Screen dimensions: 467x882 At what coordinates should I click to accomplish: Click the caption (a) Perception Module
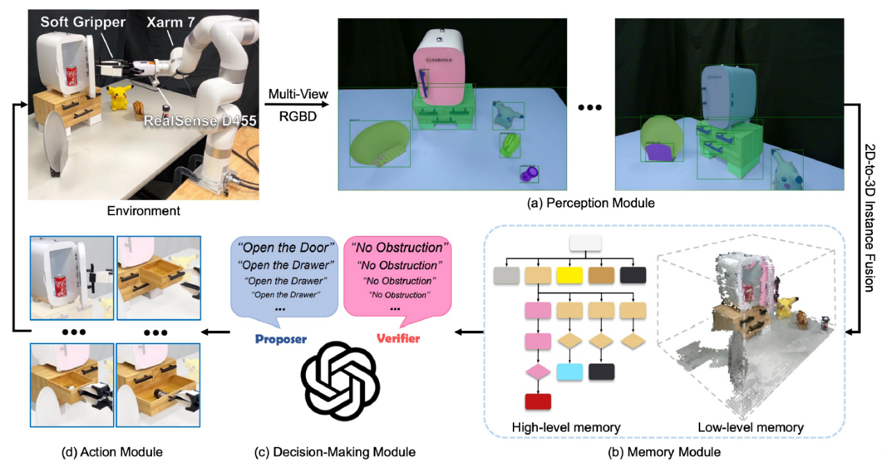(x=592, y=203)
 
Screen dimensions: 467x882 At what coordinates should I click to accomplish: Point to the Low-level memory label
(x=750, y=427)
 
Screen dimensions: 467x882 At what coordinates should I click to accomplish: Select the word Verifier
(x=398, y=339)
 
